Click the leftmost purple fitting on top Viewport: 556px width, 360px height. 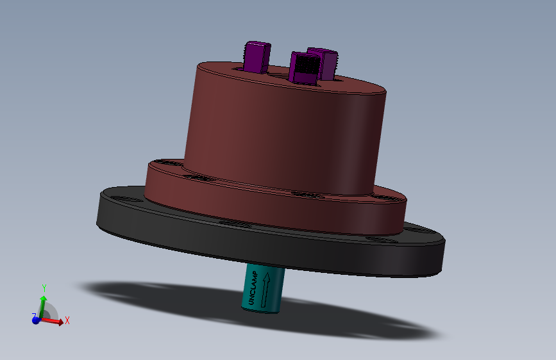point(257,56)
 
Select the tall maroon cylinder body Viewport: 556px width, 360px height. point(282,135)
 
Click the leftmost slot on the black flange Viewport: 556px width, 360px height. point(131,201)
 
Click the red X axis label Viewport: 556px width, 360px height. point(67,320)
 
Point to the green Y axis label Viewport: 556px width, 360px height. point(44,287)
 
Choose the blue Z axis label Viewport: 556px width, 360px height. point(33,316)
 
